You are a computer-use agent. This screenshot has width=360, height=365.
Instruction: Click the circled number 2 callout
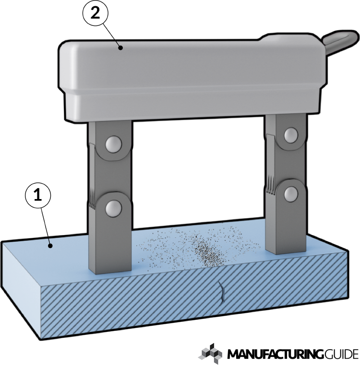coord(96,13)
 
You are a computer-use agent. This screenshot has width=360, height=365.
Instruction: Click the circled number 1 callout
coord(38,195)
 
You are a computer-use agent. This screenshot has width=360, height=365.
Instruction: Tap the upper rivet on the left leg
coord(113,144)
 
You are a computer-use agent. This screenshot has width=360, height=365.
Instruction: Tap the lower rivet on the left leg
coord(113,208)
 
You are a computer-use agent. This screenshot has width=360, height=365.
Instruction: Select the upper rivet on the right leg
coord(291,135)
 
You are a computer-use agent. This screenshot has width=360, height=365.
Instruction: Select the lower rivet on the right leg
coord(291,194)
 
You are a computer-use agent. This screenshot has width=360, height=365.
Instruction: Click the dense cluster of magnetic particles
coord(207,253)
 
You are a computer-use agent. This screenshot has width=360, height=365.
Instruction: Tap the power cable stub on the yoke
coord(341,41)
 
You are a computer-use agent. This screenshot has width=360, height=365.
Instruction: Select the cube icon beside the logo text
coord(211,353)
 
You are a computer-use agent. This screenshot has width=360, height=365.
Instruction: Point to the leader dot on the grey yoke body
coord(120,48)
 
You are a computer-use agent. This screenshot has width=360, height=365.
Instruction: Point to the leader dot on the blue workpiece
coord(50,246)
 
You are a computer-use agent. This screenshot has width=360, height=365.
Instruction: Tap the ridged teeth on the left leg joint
coord(92,198)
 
